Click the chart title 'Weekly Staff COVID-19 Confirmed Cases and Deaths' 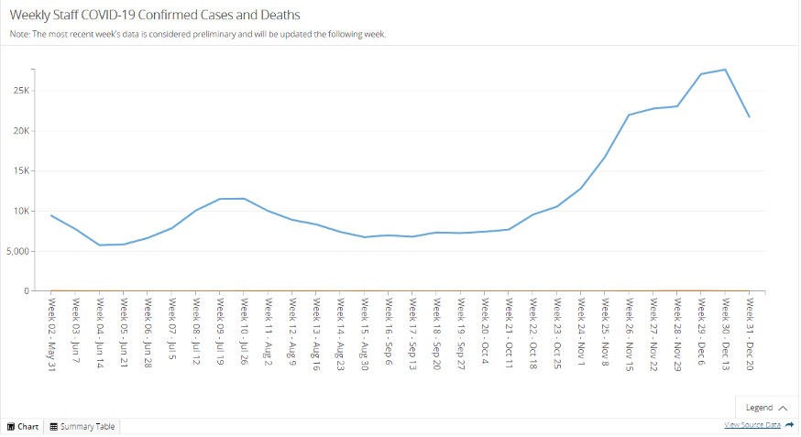pos(155,16)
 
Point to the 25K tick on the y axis pos(21,91)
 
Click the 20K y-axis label pos(21,131)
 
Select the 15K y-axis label pos(21,171)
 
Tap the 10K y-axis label pos(21,212)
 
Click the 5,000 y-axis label pos(17,251)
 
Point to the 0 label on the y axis pos(27,291)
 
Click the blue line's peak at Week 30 pos(725,70)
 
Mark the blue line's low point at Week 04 pos(100,245)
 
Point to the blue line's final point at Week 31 pos(749,116)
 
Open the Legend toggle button pos(766,408)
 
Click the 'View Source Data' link pos(752,425)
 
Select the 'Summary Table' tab pos(82,426)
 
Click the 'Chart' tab pos(23,426)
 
